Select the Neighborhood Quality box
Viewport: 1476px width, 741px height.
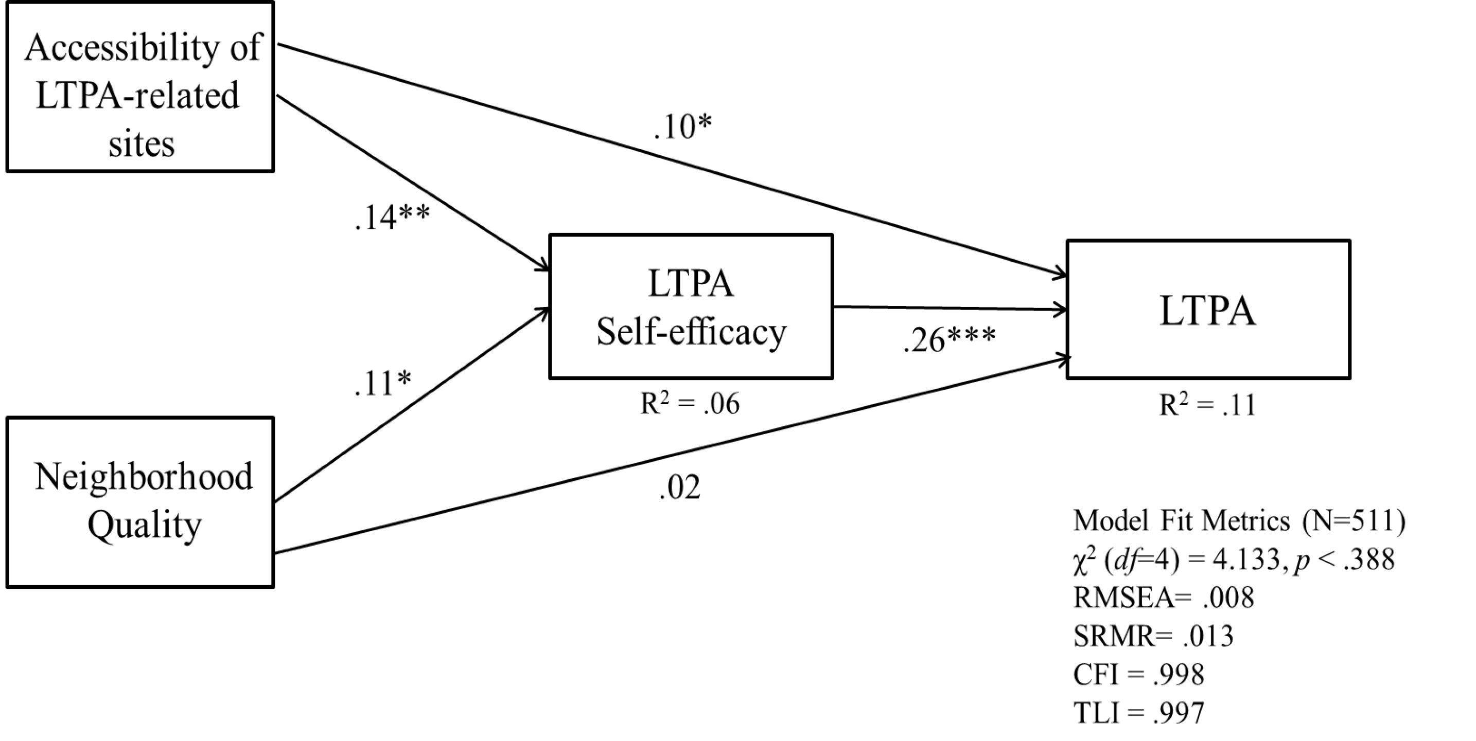click(x=140, y=502)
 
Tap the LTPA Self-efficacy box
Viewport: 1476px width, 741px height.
click(x=691, y=306)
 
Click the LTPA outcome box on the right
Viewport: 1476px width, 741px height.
click(x=1208, y=309)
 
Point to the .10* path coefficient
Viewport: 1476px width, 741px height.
click(x=682, y=126)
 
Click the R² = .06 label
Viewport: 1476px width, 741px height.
click(x=689, y=404)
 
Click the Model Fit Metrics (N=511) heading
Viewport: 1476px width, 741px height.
click(x=1239, y=521)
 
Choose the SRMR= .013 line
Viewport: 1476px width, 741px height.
click(x=1153, y=636)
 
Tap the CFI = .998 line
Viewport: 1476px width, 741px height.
click(x=1138, y=675)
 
